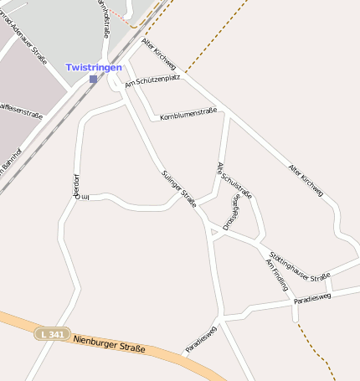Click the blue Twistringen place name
tap(94, 67)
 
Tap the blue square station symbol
tap(93, 79)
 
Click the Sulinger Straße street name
tap(178, 187)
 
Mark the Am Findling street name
tap(276, 275)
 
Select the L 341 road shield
tap(52, 333)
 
